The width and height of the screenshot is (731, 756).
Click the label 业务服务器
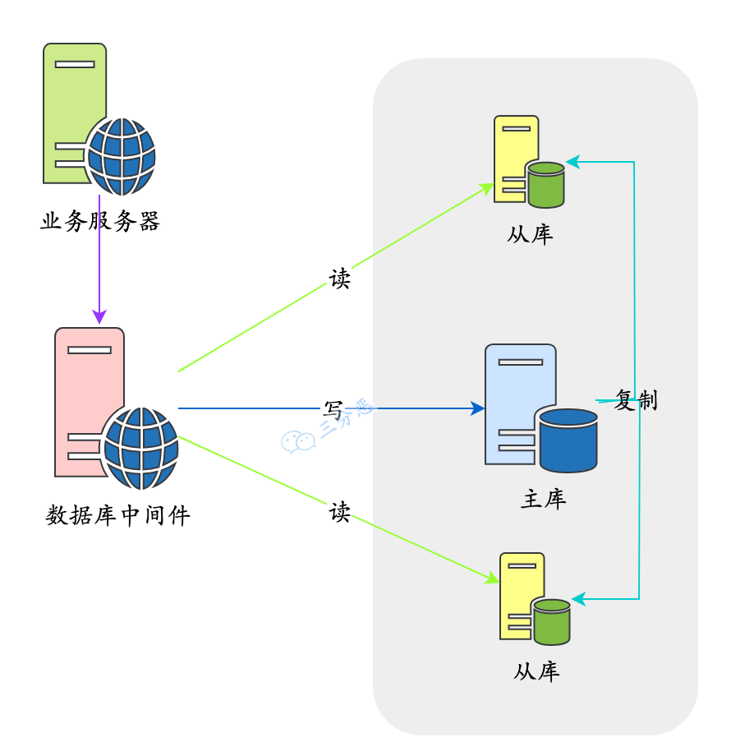[99, 222]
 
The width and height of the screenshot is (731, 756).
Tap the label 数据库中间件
[117, 516]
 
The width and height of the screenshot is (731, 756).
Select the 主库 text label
[543, 499]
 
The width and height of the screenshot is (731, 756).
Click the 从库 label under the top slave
[530, 234]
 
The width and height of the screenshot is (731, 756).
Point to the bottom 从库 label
[536, 671]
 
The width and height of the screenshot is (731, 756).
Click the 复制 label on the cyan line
[636, 401]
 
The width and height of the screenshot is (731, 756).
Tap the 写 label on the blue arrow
[333, 408]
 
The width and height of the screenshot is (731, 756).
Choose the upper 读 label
[339, 279]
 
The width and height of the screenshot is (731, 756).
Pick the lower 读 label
[339, 513]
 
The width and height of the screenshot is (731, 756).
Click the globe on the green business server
[122, 156]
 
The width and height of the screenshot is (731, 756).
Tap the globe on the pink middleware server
[140, 448]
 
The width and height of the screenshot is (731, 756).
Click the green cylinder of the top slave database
[546, 184]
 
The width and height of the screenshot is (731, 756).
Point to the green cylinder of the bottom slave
[552, 621]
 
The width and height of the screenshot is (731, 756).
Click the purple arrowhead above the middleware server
[99, 317]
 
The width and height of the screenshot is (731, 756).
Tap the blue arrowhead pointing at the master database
[477, 408]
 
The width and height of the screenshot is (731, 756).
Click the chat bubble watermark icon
[298, 442]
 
